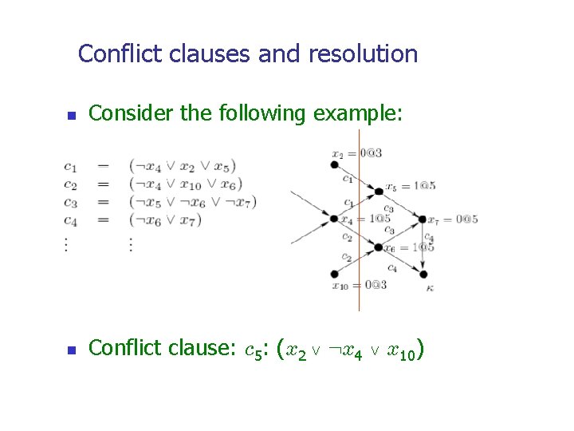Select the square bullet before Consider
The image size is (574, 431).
(x=70, y=116)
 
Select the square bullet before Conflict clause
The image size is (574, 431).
(x=70, y=350)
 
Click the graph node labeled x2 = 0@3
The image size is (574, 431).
(x=334, y=164)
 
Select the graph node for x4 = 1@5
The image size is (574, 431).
(x=334, y=219)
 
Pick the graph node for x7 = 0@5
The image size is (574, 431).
(x=422, y=219)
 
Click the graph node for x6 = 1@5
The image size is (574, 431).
(x=378, y=247)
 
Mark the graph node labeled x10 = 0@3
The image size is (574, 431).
(x=334, y=274)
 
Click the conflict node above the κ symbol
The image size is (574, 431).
(x=422, y=274)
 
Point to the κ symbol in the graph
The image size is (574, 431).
(x=430, y=289)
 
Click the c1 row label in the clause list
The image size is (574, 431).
(x=70, y=166)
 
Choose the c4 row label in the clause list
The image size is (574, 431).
(x=70, y=220)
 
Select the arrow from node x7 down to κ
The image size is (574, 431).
(x=422, y=247)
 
